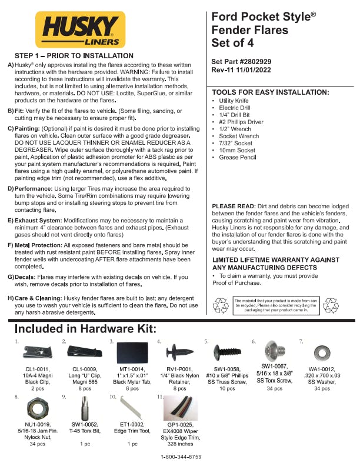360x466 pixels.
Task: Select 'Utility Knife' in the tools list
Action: pyautogui.click(x=234, y=101)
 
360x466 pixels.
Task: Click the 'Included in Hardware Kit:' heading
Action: pyautogui.click(x=86, y=328)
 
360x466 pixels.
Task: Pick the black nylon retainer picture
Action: pyautogui.click(x=176, y=352)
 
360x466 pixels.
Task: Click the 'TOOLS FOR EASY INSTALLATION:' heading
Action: pyautogui.click(x=270, y=92)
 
